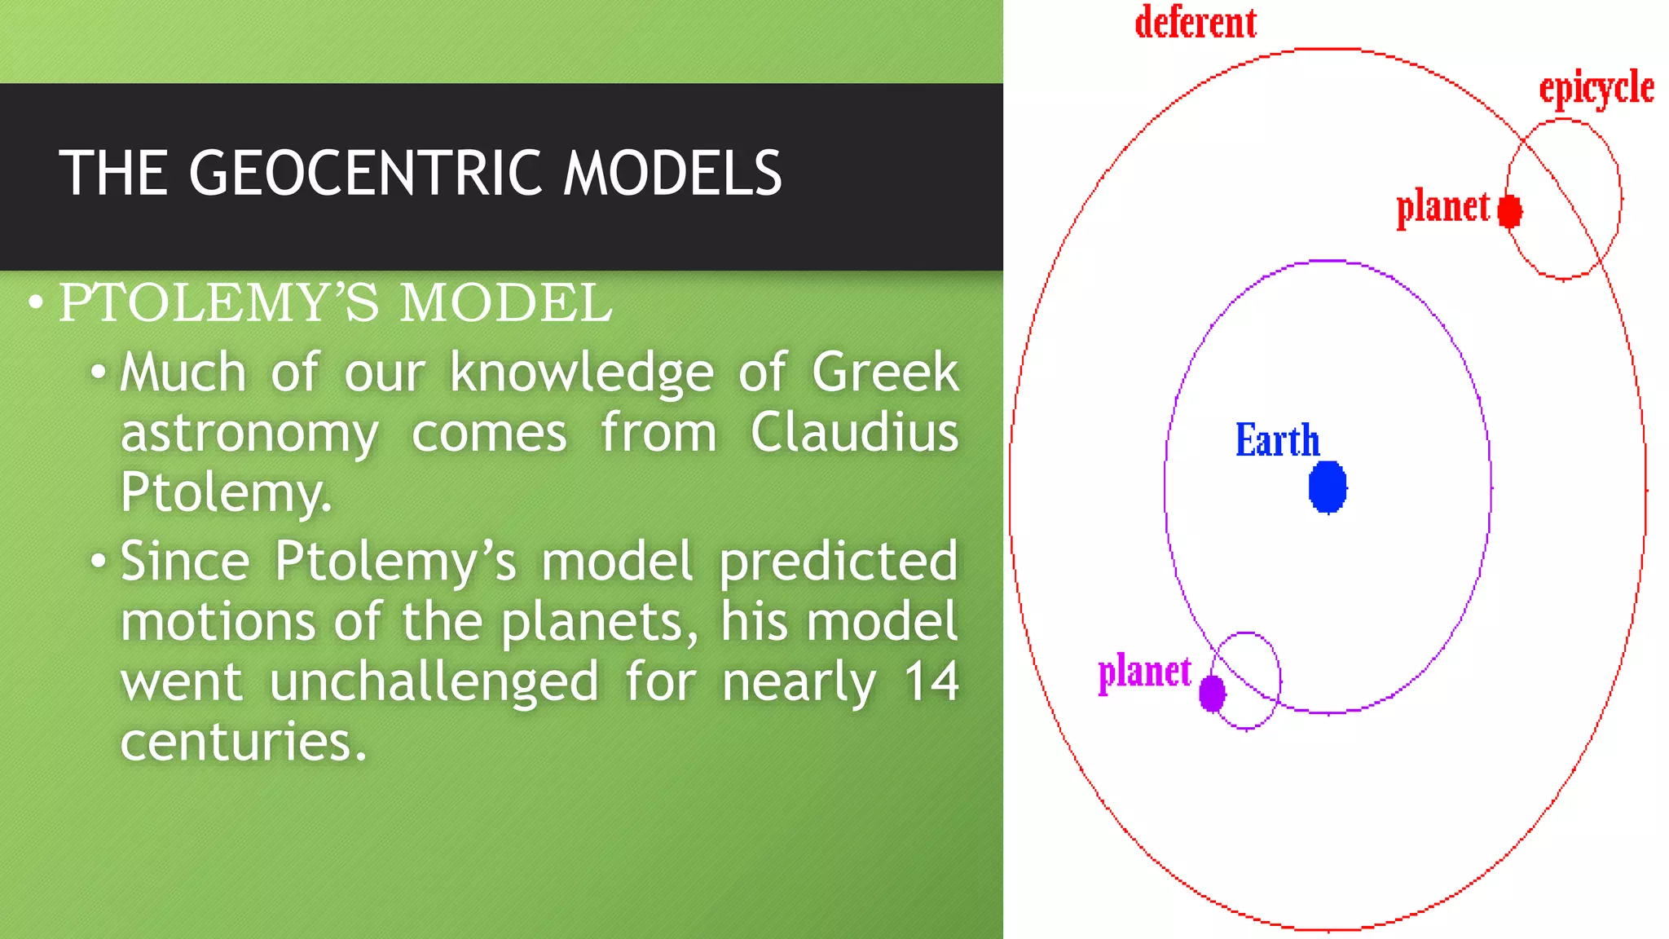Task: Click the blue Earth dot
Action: tap(1328, 487)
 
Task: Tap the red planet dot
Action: tap(1510, 211)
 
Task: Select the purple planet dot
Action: tap(1213, 693)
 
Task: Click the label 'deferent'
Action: tap(1196, 23)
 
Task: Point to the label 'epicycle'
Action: tap(1596, 88)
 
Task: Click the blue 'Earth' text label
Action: tap(1277, 441)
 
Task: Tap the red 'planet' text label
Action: tap(1442, 208)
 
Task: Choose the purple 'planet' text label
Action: tap(1144, 673)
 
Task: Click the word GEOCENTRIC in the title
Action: tap(365, 174)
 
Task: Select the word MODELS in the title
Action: tap(672, 174)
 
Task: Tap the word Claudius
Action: tap(854, 432)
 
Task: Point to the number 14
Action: tap(931, 681)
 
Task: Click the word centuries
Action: tap(243, 742)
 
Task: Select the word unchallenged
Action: tap(434, 681)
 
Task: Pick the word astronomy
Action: tap(249, 434)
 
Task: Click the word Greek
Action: tap(885, 373)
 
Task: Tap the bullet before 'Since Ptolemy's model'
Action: tap(99, 562)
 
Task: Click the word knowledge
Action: tap(582, 373)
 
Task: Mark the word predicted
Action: tap(838, 562)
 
